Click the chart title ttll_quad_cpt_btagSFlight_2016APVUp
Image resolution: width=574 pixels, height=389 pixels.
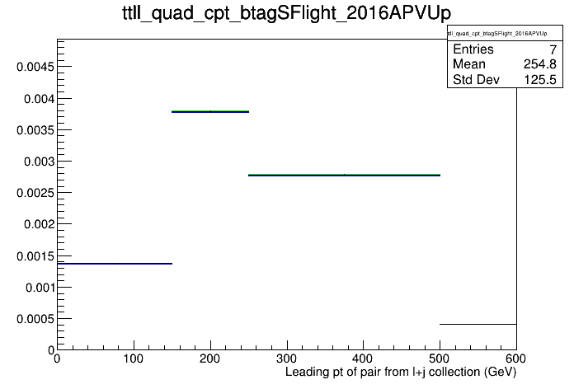[x=286, y=14]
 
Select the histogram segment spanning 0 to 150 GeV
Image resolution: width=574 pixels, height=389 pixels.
[x=115, y=264]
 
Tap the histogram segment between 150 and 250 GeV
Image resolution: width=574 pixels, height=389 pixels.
[x=210, y=111]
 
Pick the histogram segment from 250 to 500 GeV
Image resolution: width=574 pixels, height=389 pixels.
[x=344, y=175]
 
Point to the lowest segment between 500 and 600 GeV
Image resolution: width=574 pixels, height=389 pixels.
[x=478, y=324]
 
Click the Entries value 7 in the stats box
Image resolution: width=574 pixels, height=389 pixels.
[x=553, y=49]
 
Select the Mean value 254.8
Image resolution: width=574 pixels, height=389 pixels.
[x=540, y=64]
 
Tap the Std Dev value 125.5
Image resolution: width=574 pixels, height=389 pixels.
[x=540, y=79]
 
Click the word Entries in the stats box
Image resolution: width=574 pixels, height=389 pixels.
[x=473, y=49]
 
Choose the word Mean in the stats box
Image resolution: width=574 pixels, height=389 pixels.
[x=469, y=64]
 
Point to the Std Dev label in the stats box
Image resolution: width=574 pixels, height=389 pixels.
[x=476, y=79]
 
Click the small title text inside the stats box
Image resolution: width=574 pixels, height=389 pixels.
[x=497, y=34]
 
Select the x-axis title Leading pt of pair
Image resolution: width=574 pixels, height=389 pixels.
[x=401, y=372]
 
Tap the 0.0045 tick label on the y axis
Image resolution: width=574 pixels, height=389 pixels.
[x=35, y=67]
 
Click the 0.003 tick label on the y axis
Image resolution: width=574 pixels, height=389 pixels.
[x=39, y=162]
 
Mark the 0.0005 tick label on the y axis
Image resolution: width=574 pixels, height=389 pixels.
[x=35, y=319]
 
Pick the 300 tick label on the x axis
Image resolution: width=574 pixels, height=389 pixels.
[x=287, y=359]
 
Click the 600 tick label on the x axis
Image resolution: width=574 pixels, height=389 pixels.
[x=515, y=359]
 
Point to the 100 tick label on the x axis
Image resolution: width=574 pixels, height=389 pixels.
[x=134, y=359]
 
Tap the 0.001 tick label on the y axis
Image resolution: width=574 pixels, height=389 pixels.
[x=40, y=288]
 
